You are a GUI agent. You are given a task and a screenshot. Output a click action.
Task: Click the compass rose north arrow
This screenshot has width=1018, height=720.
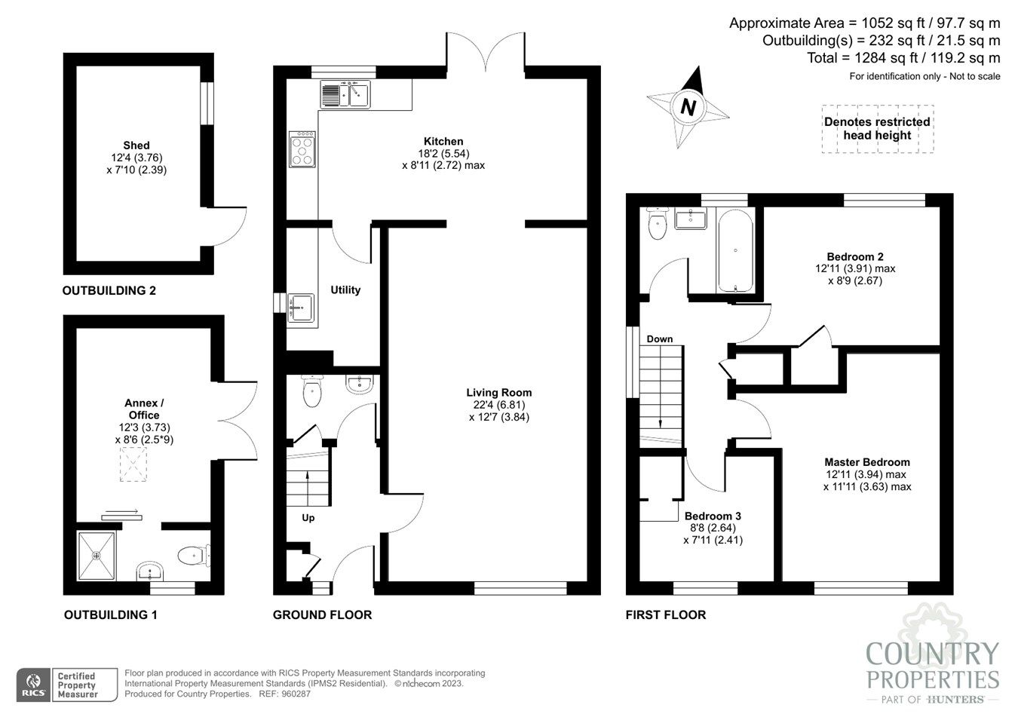(688, 106)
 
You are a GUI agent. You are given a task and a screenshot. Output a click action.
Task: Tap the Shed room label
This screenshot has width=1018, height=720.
(136, 146)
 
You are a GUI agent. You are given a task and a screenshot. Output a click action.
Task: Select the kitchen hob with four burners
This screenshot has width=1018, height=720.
(302, 149)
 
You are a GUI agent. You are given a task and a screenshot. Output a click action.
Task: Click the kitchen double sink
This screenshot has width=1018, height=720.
(345, 95)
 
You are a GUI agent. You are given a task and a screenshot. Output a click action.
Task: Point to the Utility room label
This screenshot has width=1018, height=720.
(345, 290)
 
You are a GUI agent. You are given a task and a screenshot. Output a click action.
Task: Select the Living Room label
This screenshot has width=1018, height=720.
(498, 393)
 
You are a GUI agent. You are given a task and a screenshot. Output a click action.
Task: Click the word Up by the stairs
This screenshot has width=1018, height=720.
(308, 518)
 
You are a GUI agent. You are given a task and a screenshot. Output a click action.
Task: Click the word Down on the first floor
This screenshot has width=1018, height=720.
(660, 339)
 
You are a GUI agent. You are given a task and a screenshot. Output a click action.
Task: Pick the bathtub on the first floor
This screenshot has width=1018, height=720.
(734, 251)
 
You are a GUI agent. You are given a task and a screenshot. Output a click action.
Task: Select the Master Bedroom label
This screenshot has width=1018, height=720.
(866, 462)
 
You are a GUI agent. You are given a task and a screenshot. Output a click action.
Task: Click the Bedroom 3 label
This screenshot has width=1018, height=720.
(713, 516)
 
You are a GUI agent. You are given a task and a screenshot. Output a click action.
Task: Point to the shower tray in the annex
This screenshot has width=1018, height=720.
(97, 556)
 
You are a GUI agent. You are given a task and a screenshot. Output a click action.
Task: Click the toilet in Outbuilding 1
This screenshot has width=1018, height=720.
(192, 556)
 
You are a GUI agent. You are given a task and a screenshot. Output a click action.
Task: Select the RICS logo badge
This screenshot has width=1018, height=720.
(33, 685)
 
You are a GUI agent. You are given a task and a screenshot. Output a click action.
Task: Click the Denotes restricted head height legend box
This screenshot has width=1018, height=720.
(877, 129)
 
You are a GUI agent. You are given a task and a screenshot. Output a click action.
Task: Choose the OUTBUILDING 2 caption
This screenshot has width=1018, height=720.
(109, 290)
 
